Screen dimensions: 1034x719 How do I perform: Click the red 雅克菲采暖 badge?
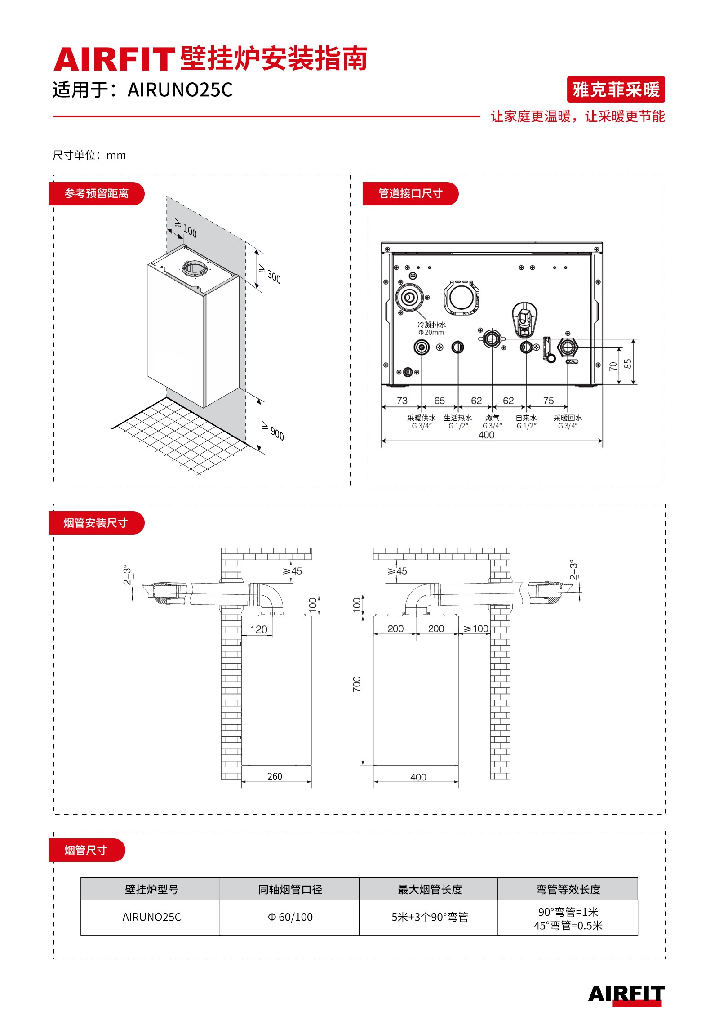tap(615, 89)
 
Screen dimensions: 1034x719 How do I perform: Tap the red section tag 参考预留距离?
tap(96, 194)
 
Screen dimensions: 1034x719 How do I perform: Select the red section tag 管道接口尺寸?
tap(410, 194)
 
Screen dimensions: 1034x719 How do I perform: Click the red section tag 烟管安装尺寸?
tap(96, 523)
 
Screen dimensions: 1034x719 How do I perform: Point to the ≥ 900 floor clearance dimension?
tap(273, 432)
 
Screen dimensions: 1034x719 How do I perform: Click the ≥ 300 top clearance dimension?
tap(269, 274)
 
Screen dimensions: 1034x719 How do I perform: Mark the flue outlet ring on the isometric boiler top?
tap(195, 269)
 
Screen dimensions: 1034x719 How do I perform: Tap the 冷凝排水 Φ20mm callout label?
tap(431, 328)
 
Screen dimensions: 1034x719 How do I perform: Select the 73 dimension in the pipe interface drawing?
tap(402, 401)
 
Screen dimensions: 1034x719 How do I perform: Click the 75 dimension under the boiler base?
tap(548, 401)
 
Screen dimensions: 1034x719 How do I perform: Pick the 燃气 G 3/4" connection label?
tap(492, 422)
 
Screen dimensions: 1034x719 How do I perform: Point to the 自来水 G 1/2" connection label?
tap(526, 422)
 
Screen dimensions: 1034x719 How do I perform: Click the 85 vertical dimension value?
tap(627, 363)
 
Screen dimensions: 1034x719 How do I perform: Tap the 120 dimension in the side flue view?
tap(258, 629)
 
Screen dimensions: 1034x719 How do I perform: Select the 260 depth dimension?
tap(275, 776)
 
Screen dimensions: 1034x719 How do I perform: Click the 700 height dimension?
tap(356, 684)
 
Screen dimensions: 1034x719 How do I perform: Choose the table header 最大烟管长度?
tap(430, 889)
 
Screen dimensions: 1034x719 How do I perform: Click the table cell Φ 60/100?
tap(289, 917)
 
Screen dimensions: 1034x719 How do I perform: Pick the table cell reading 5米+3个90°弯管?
tap(430, 917)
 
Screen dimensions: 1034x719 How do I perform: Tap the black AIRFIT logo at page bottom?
tap(626, 994)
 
